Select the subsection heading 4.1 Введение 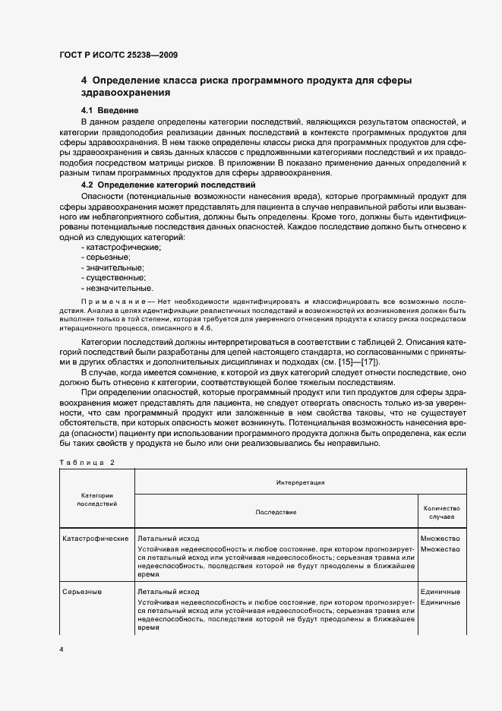(x=109, y=111)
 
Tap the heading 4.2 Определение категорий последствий (x=167, y=185)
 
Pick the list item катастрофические (x=122, y=248)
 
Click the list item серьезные (x=109, y=258)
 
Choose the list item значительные (x=114, y=267)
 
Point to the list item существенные (x=115, y=277)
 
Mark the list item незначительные (x=118, y=288)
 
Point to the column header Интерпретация (x=300, y=482)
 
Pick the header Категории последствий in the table (x=97, y=498)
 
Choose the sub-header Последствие (x=276, y=512)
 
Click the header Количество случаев (x=440, y=512)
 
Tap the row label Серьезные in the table (x=82, y=591)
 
